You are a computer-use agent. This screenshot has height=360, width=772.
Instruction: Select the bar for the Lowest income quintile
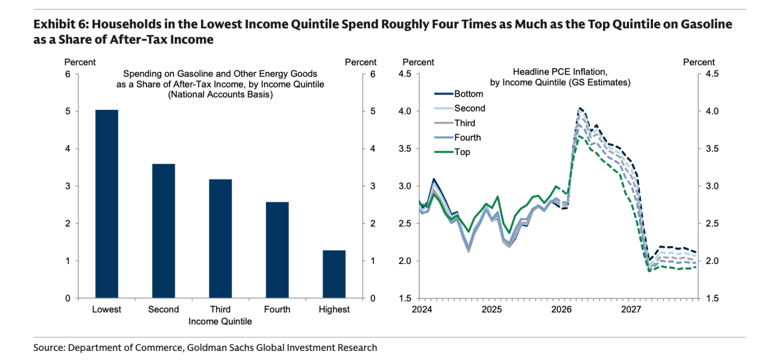pos(107,204)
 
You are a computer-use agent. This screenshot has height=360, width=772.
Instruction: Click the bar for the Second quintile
pos(164,231)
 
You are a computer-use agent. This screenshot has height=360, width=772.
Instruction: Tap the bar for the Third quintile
pos(220,238)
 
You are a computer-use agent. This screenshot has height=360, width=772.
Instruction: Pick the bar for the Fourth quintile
pos(277,250)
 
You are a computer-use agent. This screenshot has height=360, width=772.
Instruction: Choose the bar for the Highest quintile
pos(334,274)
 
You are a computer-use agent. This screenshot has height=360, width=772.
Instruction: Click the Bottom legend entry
pos(468,94)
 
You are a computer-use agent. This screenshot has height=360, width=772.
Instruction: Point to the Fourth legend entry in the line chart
pos(467,137)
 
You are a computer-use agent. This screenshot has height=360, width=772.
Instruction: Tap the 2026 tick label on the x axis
pos(561,310)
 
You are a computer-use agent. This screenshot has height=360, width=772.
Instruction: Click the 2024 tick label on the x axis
pos(422,310)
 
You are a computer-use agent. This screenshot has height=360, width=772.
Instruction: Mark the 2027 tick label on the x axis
pos(631,310)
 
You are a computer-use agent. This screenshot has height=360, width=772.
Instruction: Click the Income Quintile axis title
pos(220,321)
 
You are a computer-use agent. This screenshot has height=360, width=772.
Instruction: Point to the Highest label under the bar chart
pos(334,310)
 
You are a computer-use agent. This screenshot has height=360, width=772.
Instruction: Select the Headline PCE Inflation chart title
pos(560,71)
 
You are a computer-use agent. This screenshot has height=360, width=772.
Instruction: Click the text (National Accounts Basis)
pos(220,95)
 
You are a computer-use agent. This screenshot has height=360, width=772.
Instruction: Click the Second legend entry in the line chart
pos(469,108)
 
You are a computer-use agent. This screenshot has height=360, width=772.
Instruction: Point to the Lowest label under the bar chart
pos(107,310)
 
